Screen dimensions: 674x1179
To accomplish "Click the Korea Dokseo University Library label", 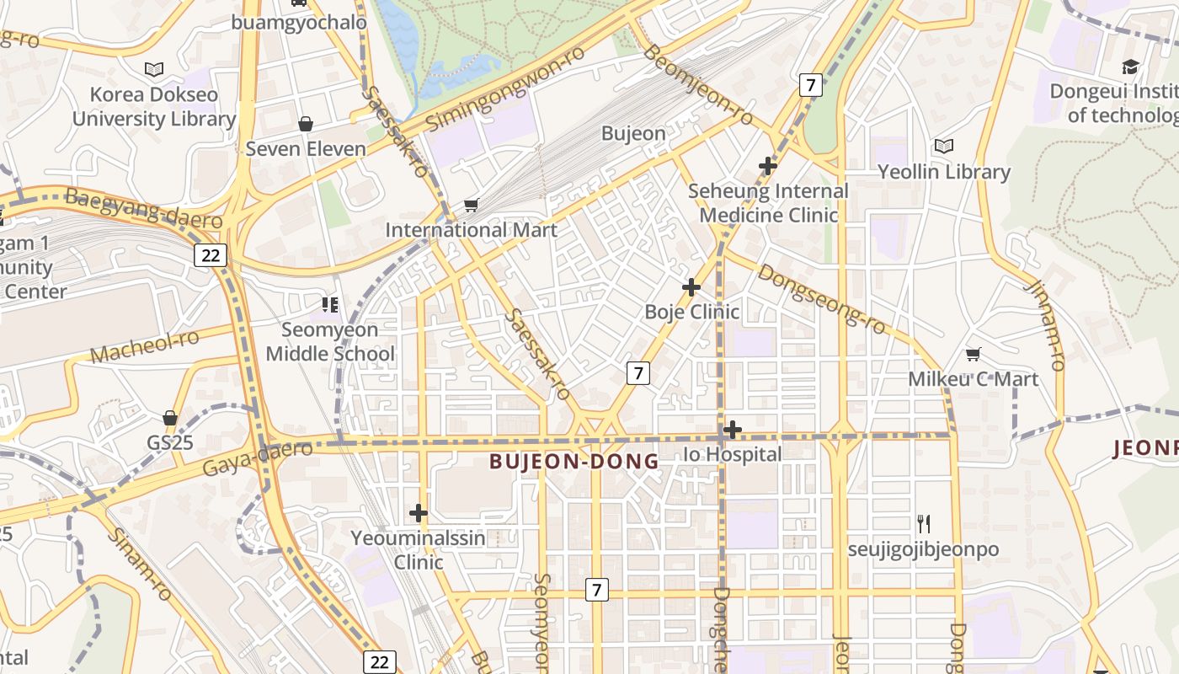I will click(x=153, y=107).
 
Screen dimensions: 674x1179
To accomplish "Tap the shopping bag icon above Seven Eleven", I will click(x=306, y=124).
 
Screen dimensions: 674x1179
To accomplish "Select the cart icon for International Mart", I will click(x=472, y=205).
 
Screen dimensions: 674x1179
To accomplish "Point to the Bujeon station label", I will click(x=633, y=133).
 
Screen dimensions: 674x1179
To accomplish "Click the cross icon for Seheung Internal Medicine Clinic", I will click(x=767, y=166).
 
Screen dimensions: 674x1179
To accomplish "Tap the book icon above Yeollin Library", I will click(x=943, y=147).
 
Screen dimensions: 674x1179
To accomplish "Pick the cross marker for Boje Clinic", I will click(x=691, y=287).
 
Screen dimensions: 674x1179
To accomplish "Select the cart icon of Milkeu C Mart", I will click(x=973, y=354).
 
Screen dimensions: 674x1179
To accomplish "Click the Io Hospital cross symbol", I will click(x=733, y=430).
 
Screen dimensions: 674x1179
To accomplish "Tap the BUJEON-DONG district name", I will click(x=574, y=461).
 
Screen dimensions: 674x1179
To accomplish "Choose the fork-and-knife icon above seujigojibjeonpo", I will click(x=924, y=524).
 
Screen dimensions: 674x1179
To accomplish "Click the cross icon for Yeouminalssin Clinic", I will click(x=419, y=512).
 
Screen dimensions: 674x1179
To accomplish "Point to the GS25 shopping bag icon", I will click(x=170, y=418).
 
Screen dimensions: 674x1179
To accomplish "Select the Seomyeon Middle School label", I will click(x=329, y=341).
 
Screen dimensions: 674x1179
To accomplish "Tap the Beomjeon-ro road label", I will click(x=698, y=85).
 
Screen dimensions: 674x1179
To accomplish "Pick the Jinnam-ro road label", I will click(x=1045, y=324).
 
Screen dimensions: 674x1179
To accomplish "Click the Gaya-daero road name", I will click(x=258, y=457).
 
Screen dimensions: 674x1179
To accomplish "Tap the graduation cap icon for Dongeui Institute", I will click(x=1130, y=67).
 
